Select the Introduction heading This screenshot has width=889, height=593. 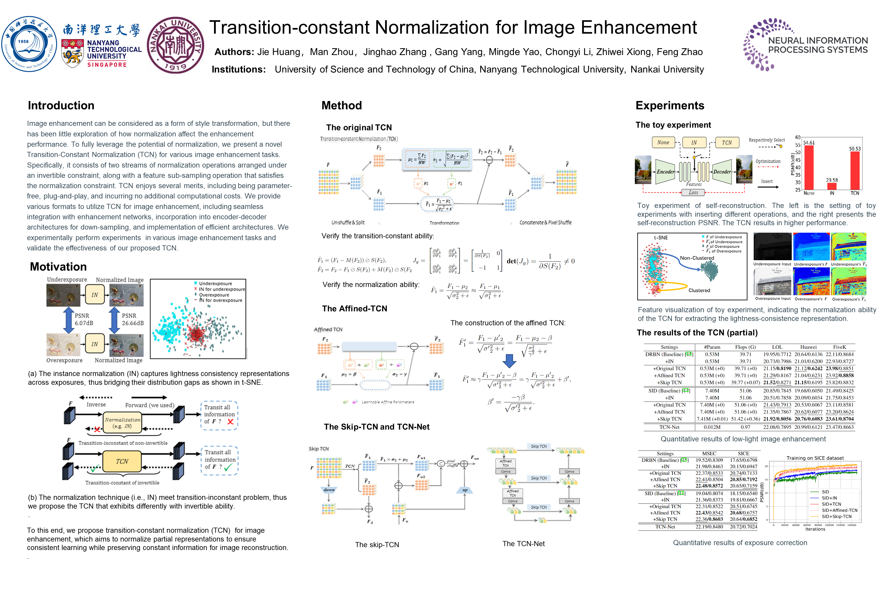coord(61,106)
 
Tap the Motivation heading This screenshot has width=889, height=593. coord(58,267)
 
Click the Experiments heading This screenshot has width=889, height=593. coord(670,106)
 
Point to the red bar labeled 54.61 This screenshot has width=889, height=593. coord(809,167)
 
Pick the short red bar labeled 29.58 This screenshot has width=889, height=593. coord(832,186)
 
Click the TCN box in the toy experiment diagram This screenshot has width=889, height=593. coord(726,143)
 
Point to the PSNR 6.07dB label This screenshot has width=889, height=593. coord(84,319)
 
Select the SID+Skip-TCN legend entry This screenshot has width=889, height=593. coord(837,516)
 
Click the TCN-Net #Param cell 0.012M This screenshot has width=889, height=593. coord(712,427)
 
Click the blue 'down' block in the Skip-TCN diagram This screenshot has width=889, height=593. coord(329,490)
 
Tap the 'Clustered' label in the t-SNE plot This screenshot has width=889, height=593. coord(699,290)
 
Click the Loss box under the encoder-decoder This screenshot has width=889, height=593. coord(693,193)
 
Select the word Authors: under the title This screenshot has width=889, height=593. coord(234,52)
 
